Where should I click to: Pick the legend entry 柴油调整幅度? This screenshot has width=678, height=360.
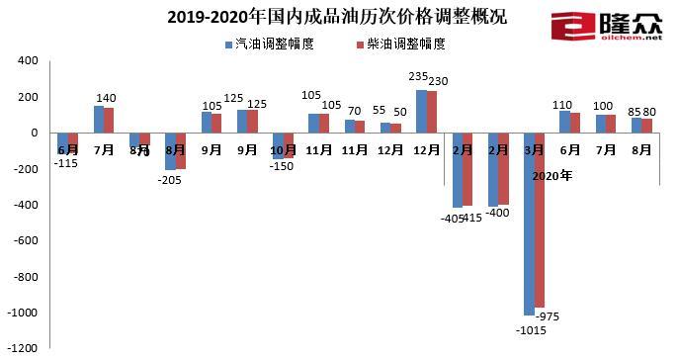[x=399, y=45]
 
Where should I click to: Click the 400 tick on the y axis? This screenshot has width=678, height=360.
[x=28, y=60]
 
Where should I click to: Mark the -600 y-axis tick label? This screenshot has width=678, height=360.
[x=24, y=240]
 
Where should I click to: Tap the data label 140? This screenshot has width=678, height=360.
[x=107, y=98]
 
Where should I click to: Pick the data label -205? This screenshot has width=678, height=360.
[x=172, y=178]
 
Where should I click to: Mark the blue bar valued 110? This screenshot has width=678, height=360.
[x=565, y=123]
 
